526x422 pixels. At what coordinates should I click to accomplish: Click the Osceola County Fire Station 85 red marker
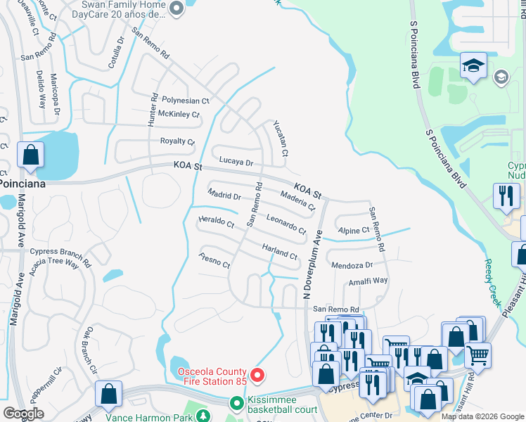(257, 377)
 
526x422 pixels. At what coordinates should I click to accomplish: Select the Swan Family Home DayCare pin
(177, 8)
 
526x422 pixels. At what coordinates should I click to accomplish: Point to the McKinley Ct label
(179, 114)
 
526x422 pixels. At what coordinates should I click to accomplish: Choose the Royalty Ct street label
(177, 141)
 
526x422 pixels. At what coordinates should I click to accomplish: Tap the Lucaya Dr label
(235, 162)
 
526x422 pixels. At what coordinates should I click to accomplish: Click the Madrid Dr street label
(224, 195)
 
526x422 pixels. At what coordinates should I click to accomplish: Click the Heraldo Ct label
(217, 222)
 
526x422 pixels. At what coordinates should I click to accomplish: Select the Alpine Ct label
(354, 230)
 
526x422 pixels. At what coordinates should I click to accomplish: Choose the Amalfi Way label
(368, 281)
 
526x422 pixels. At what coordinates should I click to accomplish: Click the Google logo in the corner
(23, 414)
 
